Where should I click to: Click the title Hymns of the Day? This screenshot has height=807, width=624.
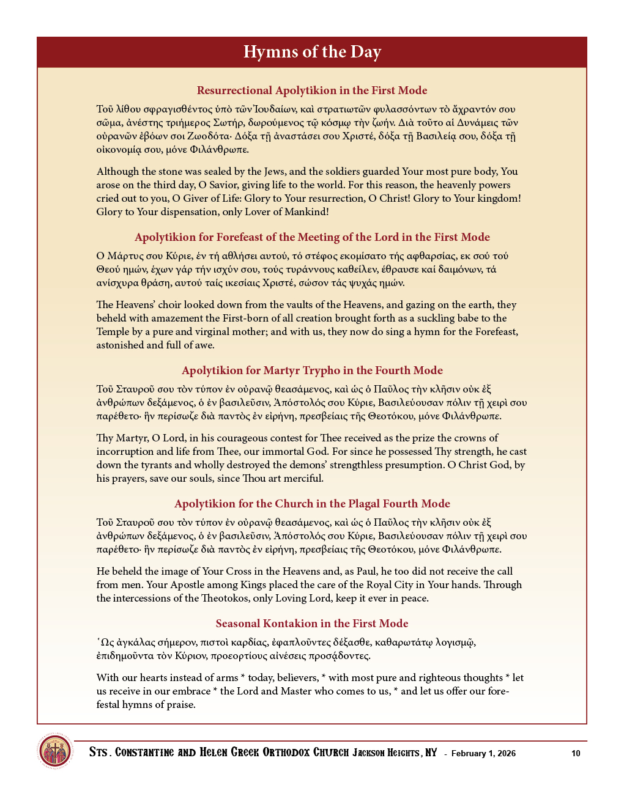coord(312,52)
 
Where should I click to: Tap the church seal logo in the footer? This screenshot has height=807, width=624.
coord(55,751)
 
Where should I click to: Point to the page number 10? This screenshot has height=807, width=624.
coord(576,753)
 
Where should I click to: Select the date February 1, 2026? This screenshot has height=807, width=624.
coord(483,753)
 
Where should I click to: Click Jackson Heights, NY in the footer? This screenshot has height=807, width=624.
coord(395,753)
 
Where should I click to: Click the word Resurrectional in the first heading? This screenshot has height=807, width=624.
coord(234,90)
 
